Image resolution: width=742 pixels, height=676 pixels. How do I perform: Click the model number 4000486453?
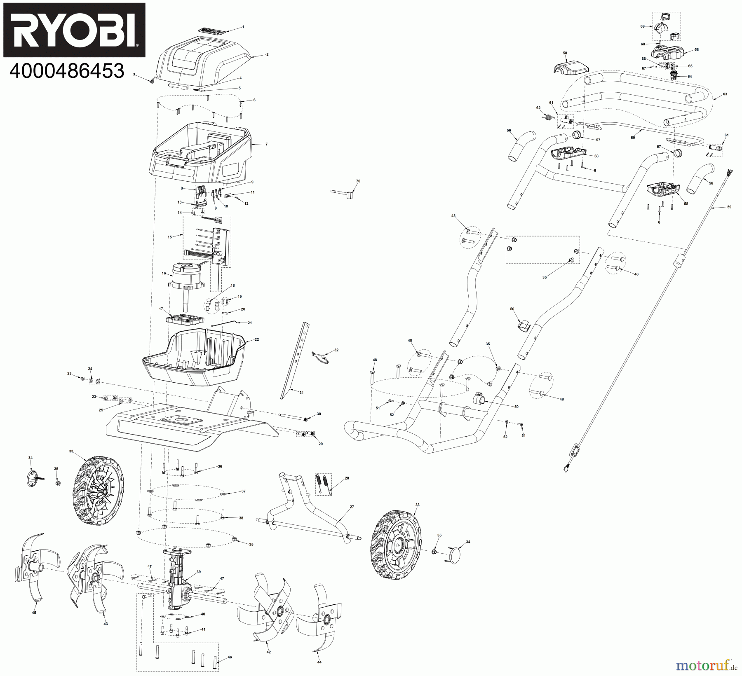(x=67, y=71)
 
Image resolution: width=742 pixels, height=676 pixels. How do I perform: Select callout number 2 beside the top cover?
(x=267, y=54)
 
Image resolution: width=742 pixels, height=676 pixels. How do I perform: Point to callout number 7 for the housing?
(x=266, y=144)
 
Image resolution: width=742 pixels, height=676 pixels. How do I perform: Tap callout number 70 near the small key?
(x=358, y=181)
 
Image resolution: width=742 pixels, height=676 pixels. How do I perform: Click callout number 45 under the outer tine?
(x=34, y=625)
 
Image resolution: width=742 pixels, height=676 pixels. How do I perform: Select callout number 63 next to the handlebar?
(x=725, y=94)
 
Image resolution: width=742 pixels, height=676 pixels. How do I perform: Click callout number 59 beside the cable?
(x=729, y=207)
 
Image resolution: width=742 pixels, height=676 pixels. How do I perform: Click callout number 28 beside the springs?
(x=346, y=478)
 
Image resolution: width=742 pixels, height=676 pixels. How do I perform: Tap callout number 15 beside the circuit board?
(x=169, y=237)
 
